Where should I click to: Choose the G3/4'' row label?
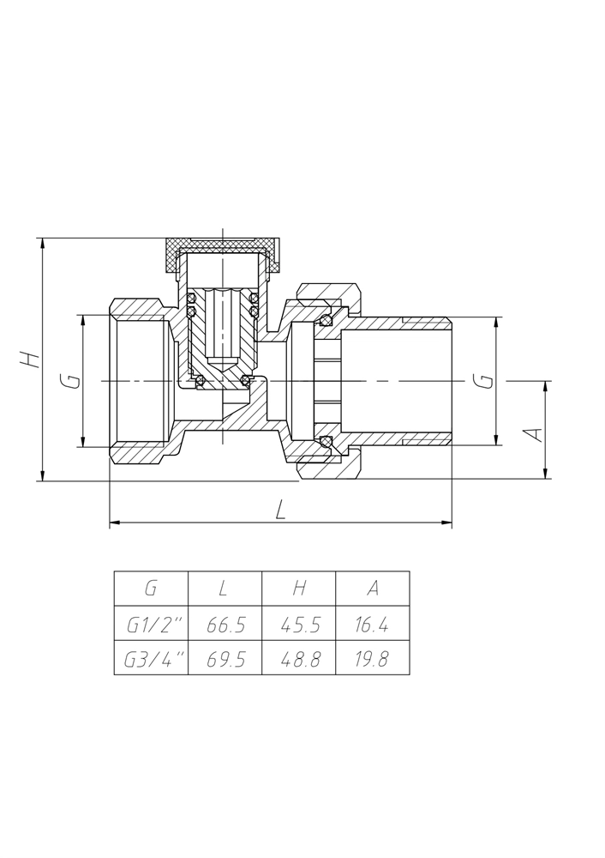[x=152, y=658]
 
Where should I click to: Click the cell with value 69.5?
[x=225, y=658]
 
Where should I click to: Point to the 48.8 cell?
[x=299, y=658]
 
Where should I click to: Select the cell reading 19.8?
[x=373, y=658]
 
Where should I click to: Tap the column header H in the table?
[x=299, y=589]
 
